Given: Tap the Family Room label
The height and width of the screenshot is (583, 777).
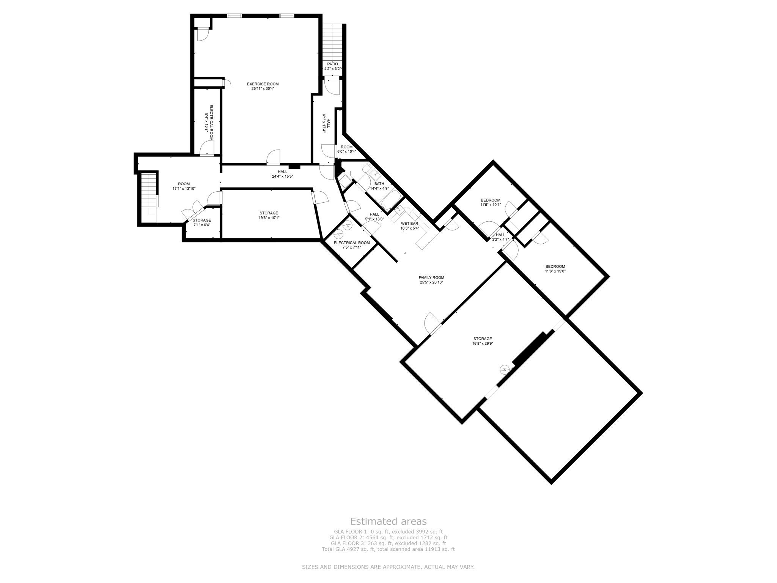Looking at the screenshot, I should pos(431,277).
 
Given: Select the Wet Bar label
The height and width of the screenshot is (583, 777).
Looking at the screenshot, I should pos(409,224).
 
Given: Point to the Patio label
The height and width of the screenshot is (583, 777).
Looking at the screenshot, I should pos(332,64).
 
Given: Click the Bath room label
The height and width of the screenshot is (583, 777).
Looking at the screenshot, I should pos(379,184).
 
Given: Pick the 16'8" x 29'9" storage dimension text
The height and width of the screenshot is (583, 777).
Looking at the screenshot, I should pos(482,343).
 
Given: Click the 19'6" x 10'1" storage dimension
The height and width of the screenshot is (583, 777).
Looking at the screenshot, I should pos(269,218).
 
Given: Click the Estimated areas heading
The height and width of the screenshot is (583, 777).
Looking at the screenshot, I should pos(388,521).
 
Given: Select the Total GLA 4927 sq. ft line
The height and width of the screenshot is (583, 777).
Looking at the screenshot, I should pos(388,549).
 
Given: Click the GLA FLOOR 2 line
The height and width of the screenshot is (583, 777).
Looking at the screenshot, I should pos(388,537).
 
